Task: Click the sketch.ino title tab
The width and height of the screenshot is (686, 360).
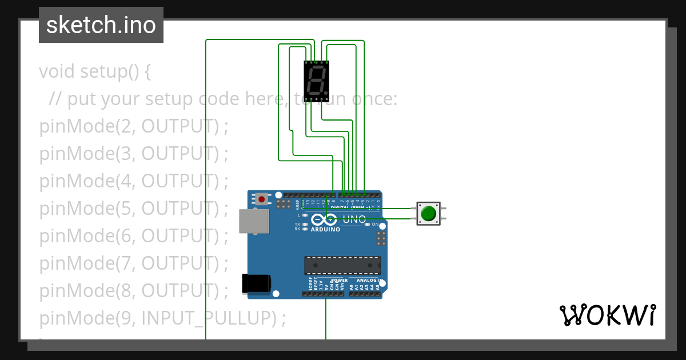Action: click(x=101, y=25)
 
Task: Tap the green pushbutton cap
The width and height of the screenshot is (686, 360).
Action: click(x=428, y=214)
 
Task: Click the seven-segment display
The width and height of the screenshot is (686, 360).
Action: click(x=316, y=81)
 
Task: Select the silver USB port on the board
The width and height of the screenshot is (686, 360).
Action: click(x=253, y=221)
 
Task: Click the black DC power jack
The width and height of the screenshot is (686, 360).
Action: click(x=256, y=283)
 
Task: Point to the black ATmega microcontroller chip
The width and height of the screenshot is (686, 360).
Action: click(x=342, y=266)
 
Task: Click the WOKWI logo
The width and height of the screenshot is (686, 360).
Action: click(x=607, y=315)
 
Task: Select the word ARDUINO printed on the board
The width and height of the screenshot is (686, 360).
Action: click(x=325, y=230)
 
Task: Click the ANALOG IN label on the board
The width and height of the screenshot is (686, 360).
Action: click(x=369, y=281)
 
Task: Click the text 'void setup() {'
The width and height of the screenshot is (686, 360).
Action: click(x=95, y=72)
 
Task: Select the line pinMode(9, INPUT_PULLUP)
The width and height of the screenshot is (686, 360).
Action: click(x=162, y=318)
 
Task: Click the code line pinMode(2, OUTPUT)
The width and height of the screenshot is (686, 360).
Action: click(x=134, y=126)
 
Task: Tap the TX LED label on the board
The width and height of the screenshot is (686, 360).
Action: click(x=297, y=224)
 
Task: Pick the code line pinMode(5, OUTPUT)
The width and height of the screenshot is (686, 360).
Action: click(x=134, y=209)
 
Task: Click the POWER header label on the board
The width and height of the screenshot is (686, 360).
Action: click(x=340, y=281)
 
